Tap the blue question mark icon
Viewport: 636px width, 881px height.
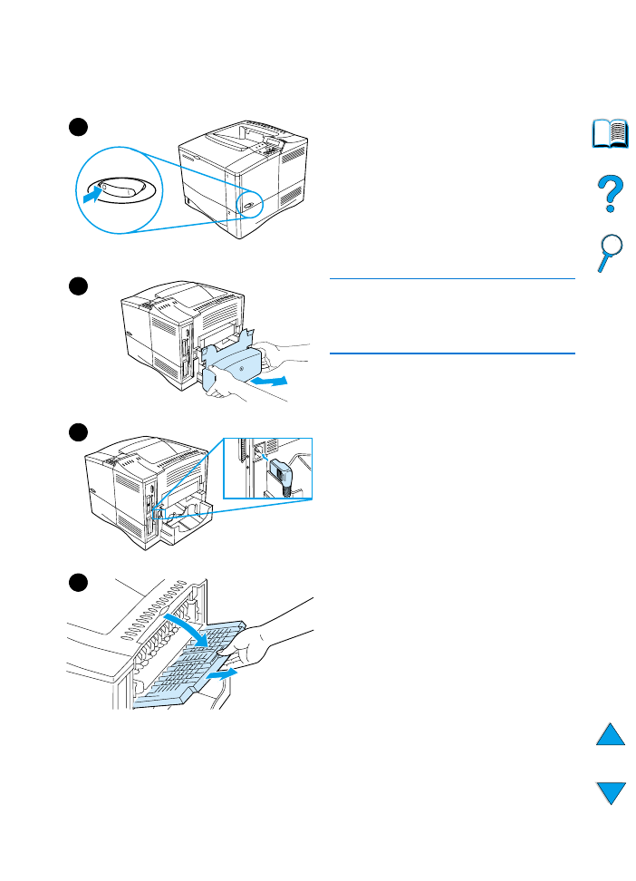point(611,194)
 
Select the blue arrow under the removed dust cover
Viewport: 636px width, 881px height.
point(269,382)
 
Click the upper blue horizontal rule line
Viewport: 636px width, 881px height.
point(452,279)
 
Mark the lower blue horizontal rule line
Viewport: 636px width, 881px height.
point(452,353)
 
